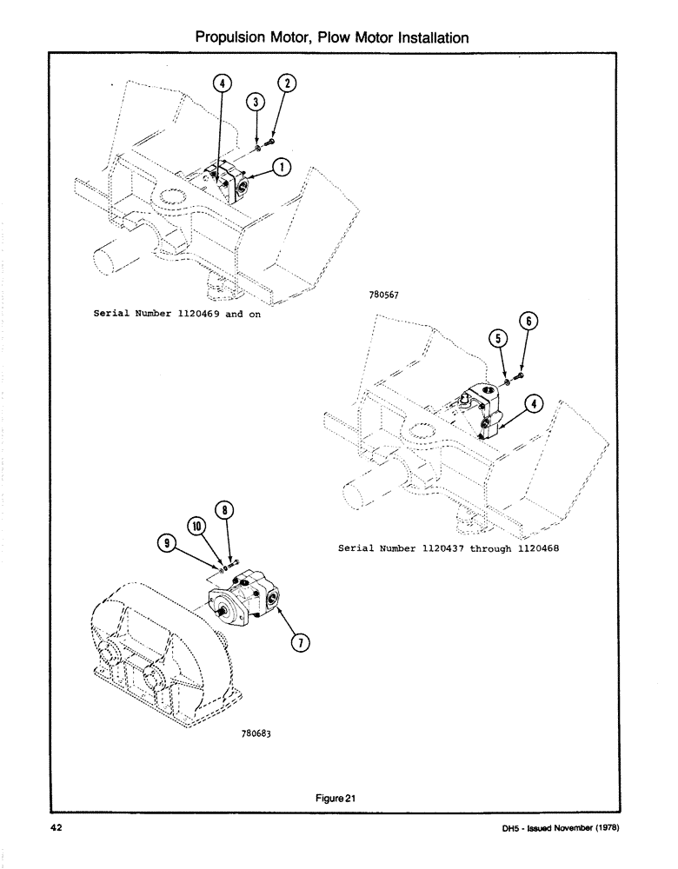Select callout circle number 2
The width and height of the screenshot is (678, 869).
287,83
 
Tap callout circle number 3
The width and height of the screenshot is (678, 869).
256,103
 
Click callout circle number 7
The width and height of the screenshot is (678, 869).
300,643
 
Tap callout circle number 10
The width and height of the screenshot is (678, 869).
196,527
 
